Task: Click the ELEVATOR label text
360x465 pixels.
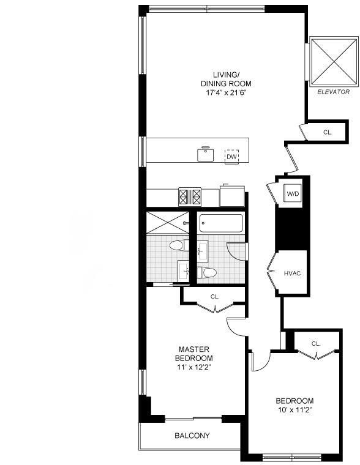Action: tap(334, 92)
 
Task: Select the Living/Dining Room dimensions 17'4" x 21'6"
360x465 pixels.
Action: tap(226, 93)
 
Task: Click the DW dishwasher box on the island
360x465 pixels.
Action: tap(231, 157)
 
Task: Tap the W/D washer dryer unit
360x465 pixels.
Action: tap(293, 194)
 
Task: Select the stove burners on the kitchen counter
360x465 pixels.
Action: tap(190, 196)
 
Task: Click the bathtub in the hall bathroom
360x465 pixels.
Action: tap(221, 223)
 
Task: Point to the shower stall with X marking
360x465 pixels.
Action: tap(168, 222)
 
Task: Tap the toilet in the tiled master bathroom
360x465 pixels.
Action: tap(176, 246)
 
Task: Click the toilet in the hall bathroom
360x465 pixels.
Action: tap(207, 273)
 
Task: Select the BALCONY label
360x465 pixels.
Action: tap(192, 436)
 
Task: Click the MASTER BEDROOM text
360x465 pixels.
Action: tap(193, 353)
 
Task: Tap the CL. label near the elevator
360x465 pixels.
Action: tap(328, 132)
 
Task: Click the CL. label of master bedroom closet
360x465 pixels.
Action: tap(215, 297)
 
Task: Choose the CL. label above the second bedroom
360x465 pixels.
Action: tap(315, 344)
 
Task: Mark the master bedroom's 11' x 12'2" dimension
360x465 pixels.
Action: tap(193, 368)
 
